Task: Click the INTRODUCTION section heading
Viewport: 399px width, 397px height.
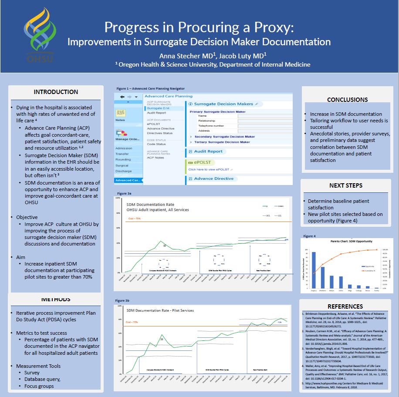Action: pyautogui.click(x=56, y=92)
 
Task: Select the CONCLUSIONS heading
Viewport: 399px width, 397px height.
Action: pyautogui.click(x=347, y=100)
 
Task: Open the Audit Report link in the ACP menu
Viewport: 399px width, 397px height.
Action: pyautogui.click(x=156, y=113)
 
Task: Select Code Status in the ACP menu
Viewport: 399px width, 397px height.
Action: pyautogui.click(x=156, y=144)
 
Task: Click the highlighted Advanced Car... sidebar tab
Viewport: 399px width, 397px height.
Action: pyautogui.click(x=128, y=180)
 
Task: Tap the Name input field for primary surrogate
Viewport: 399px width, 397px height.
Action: pyautogui.click(x=265, y=116)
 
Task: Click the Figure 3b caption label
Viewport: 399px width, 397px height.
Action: pyautogui.click(x=122, y=301)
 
